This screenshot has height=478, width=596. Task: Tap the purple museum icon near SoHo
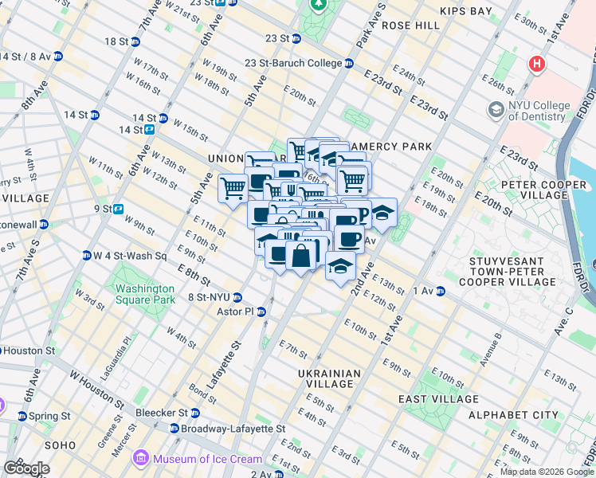pyautogui.click(x=141, y=458)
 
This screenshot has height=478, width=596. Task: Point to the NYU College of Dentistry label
pyautogui.click(x=539, y=111)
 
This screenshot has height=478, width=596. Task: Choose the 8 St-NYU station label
pyautogui.click(x=214, y=297)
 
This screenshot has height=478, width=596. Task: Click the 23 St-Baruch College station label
pyautogui.click(x=293, y=63)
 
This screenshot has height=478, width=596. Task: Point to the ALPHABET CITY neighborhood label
pyautogui.click(x=513, y=415)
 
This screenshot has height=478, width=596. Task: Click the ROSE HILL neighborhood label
pyautogui.click(x=411, y=25)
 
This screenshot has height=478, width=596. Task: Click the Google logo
pyautogui.click(x=26, y=468)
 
